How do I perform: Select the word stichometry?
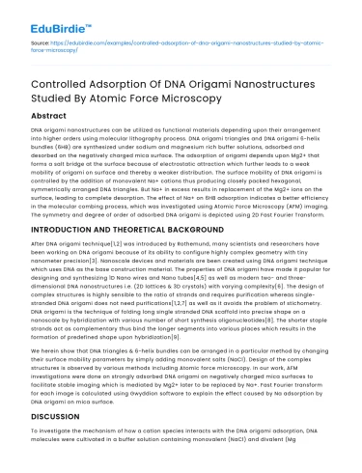[307, 303]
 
